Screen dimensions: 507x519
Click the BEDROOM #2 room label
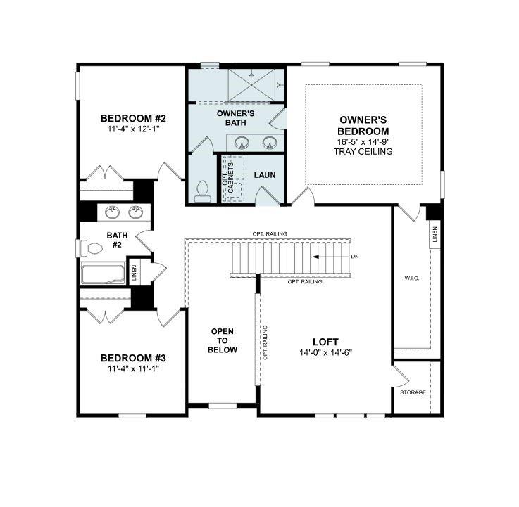pos(132,118)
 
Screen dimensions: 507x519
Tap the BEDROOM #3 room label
pos(132,357)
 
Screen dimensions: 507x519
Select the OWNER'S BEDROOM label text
pos(363,126)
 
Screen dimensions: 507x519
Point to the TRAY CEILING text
pos(363,151)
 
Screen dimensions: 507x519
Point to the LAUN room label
pos(264,175)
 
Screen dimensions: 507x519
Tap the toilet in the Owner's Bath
pos(202,191)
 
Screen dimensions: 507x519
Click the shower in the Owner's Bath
pos(251,85)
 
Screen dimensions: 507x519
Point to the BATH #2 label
pos(115,240)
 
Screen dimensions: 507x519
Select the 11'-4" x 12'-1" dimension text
pos(132,129)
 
